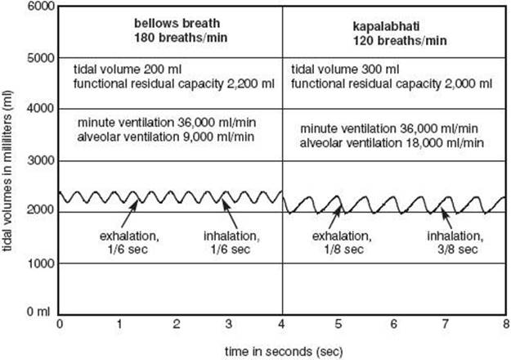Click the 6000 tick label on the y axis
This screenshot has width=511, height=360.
(x=41, y=7)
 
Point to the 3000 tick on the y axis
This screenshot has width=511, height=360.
(x=41, y=160)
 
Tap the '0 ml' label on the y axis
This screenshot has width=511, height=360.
(x=38, y=312)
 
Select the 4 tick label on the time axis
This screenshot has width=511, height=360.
(x=281, y=324)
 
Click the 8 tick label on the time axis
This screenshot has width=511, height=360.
(x=506, y=324)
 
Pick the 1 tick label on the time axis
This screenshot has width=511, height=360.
(x=119, y=324)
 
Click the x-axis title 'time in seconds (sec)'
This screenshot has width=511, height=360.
(x=284, y=352)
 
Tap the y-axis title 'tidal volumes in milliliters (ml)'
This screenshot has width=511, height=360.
(x=7, y=171)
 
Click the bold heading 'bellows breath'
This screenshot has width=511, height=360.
(x=177, y=23)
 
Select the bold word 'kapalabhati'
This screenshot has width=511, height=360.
(x=386, y=26)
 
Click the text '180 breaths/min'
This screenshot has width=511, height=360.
(x=181, y=38)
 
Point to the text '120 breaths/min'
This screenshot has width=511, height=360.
(x=400, y=40)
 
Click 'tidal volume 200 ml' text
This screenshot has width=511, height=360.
(x=128, y=69)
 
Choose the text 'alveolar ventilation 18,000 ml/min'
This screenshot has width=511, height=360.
(x=392, y=143)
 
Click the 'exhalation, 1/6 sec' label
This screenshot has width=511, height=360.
(x=129, y=243)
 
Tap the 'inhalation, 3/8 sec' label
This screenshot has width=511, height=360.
(x=455, y=243)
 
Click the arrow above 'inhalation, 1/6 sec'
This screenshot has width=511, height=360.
(x=230, y=214)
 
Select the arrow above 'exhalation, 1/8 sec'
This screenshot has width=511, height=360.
(x=334, y=217)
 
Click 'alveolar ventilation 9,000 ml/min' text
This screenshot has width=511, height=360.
(x=166, y=137)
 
